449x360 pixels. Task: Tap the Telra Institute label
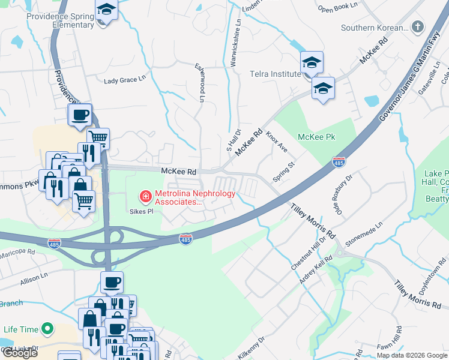[275, 74]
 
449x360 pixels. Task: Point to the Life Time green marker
[47, 329]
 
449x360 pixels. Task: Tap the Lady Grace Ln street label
[125, 80]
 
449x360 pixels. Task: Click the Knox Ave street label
[277, 142]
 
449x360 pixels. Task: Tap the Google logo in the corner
[19, 352]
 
